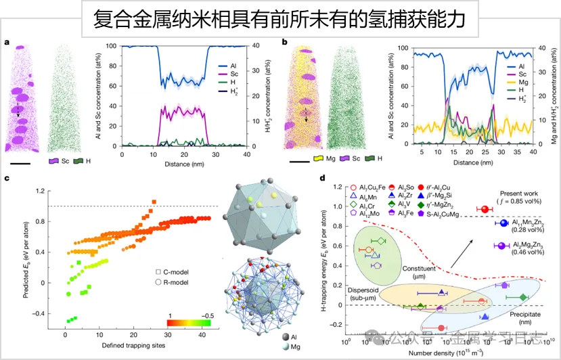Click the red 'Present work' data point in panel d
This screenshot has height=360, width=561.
(x=483, y=209)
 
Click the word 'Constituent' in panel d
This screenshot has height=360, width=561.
(x=418, y=269)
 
